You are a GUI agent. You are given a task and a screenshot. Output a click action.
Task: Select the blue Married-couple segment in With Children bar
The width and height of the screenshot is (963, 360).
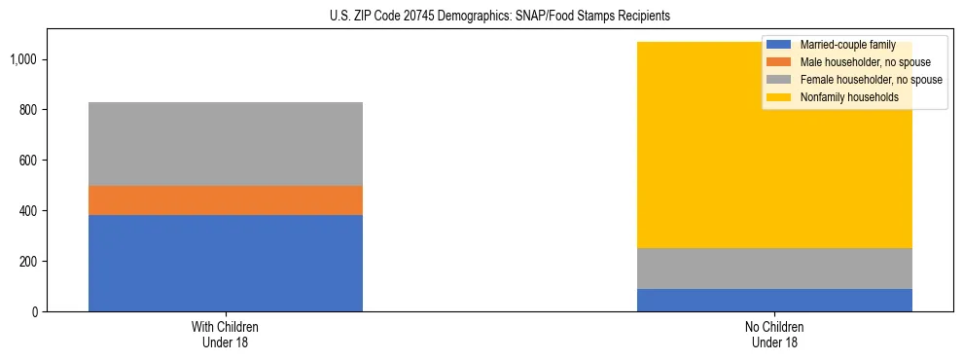[x=226, y=263]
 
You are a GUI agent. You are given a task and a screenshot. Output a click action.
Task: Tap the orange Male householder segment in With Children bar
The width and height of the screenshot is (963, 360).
[x=226, y=199]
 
